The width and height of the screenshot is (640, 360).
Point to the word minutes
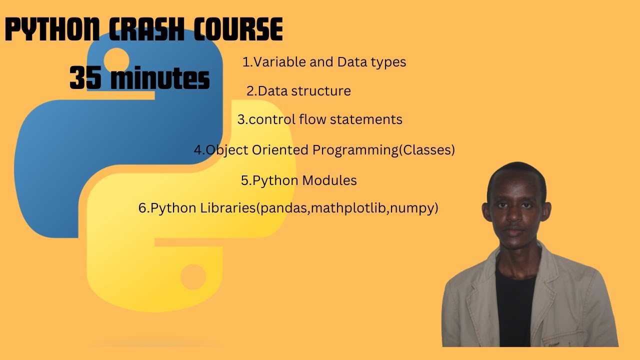159,79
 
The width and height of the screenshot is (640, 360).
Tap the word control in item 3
272,119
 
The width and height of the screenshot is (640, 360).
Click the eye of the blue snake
116,58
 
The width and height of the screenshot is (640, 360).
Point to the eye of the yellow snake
192,276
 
